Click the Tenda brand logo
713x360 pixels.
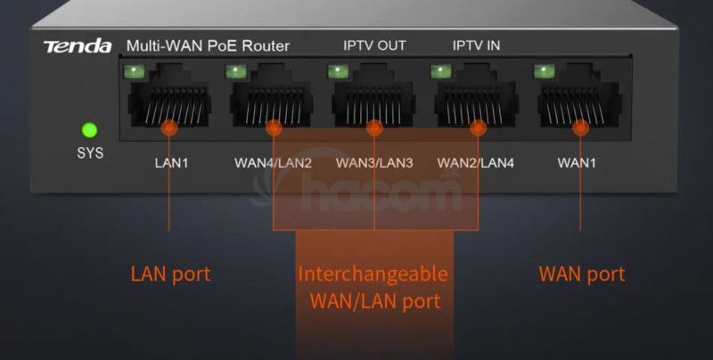[x=78, y=45]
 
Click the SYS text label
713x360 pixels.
[x=89, y=152]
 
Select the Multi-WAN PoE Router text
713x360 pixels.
[x=208, y=45]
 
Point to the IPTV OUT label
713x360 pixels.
[x=374, y=45]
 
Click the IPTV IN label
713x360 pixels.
[x=476, y=45]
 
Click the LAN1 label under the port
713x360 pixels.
[x=170, y=163]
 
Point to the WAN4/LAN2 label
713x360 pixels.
[x=273, y=163]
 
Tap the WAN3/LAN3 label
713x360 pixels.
[x=374, y=163]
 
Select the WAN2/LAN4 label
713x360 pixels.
[x=477, y=163]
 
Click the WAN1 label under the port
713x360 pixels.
[x=577, y=163]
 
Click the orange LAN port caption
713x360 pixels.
[x=170, y=274]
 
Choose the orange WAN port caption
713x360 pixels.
[x=582, y=274]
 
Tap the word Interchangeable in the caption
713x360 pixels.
[x=373, y=273]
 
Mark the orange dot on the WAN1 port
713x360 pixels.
[x=581, y=128]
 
